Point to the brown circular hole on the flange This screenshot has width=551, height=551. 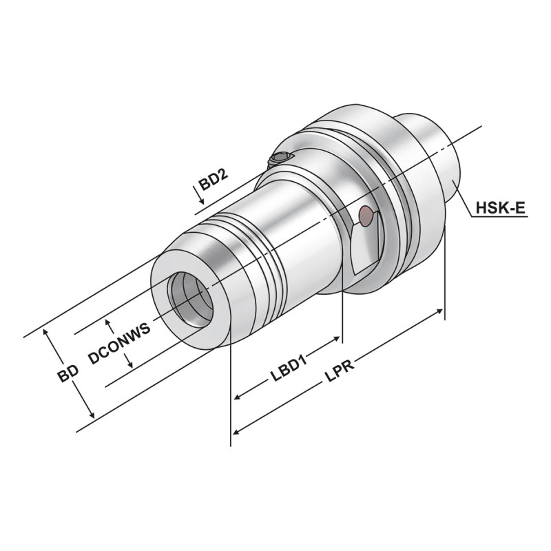pyautogui.click(x=366, y=217)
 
